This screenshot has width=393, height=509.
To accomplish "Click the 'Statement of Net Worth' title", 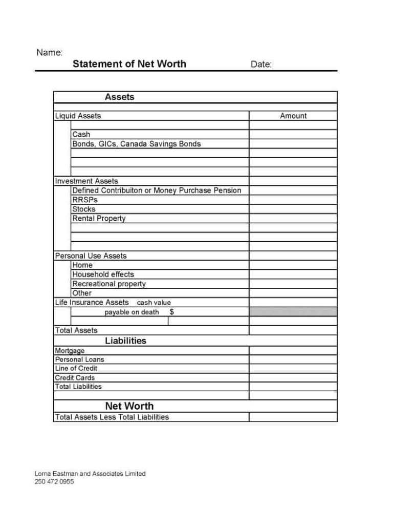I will pyautogui.click(x=129, y=64).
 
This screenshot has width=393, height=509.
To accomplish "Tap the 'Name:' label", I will pyautogui.click(x=50, y=53).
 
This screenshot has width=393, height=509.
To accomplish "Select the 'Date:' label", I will pyautogui.click(x=261, y=65).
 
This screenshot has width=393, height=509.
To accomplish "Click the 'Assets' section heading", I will pyautogui.click(x=119, y=97).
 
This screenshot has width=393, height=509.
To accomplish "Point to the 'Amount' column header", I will pyautogui.click(x=293, y=116).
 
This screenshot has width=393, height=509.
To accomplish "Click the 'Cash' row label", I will pyautogui.click(x=81, y=135).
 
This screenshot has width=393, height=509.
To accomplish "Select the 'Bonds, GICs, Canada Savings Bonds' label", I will pyautogui.click(x=137, y=144).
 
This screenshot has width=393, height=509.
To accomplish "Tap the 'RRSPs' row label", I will pyautogui.click(x=85, y=200).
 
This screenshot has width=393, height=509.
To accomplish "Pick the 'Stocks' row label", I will pyautogui.click(x=84, y=209).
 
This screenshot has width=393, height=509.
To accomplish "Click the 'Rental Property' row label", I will pyautogui.click(x=99, y=218).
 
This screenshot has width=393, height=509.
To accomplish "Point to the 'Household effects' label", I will pyautogui.click(x=103, y=274).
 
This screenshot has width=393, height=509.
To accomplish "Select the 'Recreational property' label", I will pyautogui.click(x=109, y=284).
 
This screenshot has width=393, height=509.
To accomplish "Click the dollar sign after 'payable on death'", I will pyautogui.click(x=172, y=311).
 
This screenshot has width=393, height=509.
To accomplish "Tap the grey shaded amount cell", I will pyautogui.click(x=293, y=311).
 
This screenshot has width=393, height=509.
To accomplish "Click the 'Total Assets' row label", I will pyautogui.click(x=76, y=330).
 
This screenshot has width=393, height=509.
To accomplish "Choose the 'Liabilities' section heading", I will pyautogui.click(x=125, y=341).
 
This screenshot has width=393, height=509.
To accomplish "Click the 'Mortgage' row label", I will pyautogui.click(x=70, y=351).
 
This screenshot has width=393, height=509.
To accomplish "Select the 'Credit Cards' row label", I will pyautogui.click(x=75, y=378).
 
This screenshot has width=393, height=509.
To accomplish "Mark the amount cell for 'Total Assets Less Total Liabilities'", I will pyautogui.click(x=293, y=417).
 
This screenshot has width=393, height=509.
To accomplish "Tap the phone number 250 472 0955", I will pyautogui.click(x=54, y=482).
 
